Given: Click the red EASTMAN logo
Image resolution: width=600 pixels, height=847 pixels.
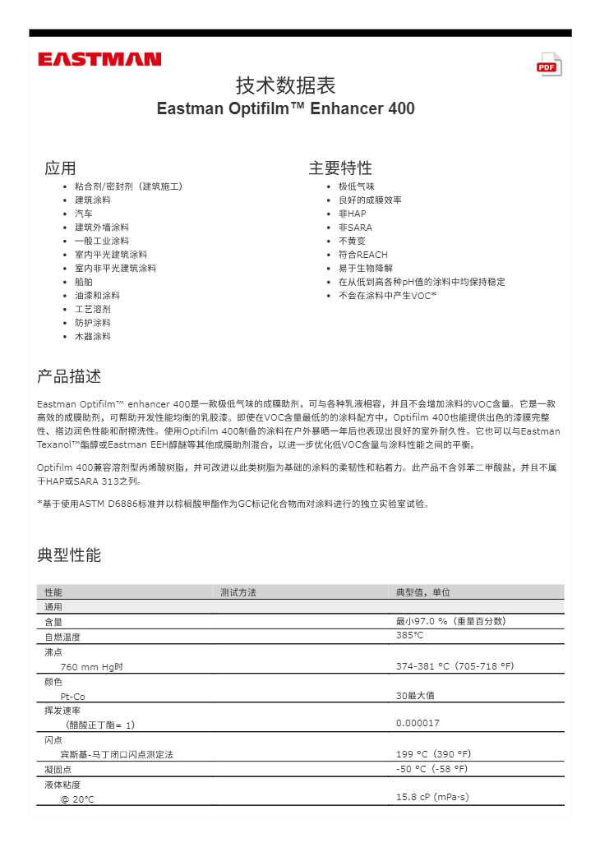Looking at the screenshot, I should tap(99, 59).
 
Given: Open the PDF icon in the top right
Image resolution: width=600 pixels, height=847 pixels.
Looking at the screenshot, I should tap(549, 65).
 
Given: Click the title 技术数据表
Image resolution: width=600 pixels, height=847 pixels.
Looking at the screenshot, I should tap(285, 85).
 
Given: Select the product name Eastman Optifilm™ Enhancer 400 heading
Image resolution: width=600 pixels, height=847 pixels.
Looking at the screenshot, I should tap(285, 108).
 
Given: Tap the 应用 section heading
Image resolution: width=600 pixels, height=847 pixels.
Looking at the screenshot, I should tap(60, 168).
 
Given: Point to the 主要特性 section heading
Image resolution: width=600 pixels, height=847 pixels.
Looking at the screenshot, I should tap(340, 168).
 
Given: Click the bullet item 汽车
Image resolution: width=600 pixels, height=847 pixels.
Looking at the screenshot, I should tap(83, 214).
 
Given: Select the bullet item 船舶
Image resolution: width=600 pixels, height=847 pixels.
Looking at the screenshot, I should tap(83, 282).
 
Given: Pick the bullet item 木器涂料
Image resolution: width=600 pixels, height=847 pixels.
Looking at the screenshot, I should tap(92, 337).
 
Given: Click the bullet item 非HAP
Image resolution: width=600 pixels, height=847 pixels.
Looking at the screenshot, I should tap(352, 214).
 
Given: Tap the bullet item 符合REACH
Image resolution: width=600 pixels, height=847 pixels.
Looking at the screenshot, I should tap(362, 255).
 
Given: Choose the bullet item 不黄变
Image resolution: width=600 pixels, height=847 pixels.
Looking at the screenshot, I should tap(352, 241).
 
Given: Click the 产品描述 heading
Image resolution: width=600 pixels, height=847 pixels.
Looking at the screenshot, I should tap(69, 377).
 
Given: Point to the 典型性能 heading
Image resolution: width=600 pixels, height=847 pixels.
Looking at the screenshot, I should tap(69, 555).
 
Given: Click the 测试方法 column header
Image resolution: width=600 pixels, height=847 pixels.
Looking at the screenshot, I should tap(238, 592).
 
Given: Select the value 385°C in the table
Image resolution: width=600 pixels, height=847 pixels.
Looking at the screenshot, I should tap(409, 636).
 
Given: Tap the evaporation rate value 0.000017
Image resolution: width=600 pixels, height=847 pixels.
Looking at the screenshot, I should tap(418, 723).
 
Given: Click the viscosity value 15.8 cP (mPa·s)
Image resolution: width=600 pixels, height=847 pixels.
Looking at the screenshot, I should tap(432, 797).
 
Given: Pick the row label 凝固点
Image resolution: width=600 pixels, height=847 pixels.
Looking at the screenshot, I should tap(58, 770).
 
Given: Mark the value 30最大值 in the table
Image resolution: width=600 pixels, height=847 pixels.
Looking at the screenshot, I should tap(415, 696).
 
